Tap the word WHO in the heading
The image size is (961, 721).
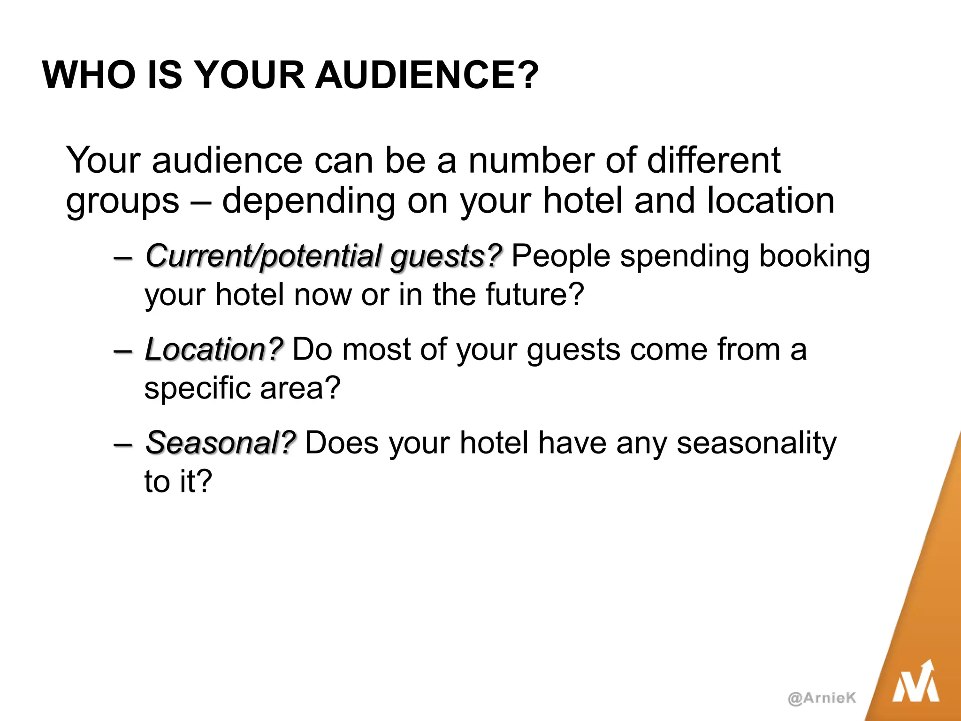pyautogui.click(x=89, y=75)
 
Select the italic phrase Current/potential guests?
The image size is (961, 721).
pyautogui.click(x=324, y=257)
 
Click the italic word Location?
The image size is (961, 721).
pyautogui.click(x=214, y=350)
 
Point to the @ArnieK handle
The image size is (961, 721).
pyautogui.click(x=822, y=698)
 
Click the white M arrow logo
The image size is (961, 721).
pyautogui.click(x=915, y=683)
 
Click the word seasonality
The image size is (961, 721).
pyautogui.click(x=756, y=443)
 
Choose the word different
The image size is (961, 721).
pyautogui.click(x=714, y=161)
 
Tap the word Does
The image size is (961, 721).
pyautogui.click(x=342, y=443)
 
